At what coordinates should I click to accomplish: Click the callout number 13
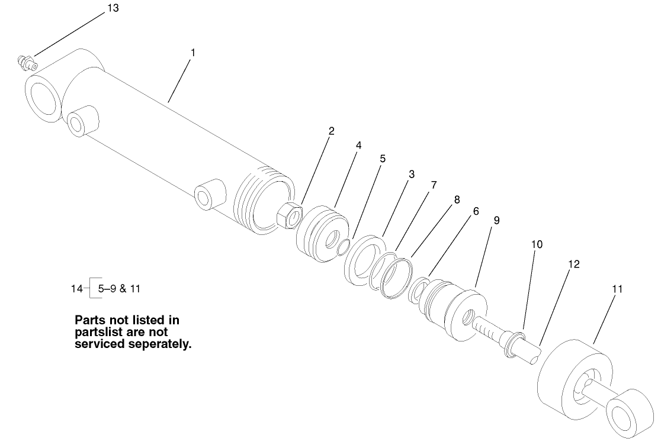point(113,8)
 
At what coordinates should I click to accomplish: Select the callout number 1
point(192,52)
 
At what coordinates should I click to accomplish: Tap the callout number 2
point(332,131)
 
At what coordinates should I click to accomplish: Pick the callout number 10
point(537,244)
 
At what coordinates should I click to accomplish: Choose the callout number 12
point(573,264)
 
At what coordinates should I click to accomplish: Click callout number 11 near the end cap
point(617,289)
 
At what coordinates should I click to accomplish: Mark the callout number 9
point(496,220)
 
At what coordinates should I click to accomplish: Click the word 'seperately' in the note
point(159,344)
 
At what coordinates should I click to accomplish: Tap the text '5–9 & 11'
point(120,289)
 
